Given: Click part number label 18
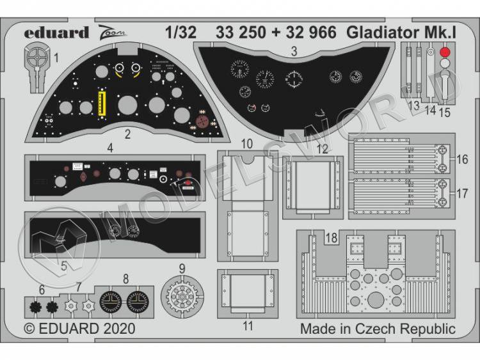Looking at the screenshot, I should click(x=331, y=237).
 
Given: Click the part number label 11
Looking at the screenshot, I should click(x=248, y=326).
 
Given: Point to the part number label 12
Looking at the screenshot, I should click(x=322, y=149).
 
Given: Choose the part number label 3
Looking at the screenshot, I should click(x=294, y=54).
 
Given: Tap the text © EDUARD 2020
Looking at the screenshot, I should click(x=79, y=329).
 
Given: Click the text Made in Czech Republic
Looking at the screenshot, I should click(x=377, y=329).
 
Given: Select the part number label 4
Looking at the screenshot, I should click(x=111, y=148).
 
